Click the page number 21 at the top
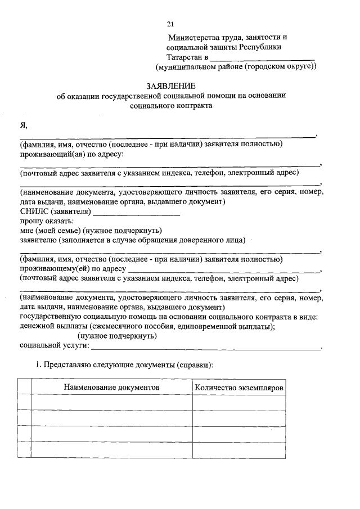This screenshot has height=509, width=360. (x=171, y=24)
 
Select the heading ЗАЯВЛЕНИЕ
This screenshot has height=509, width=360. (x=171, y=86)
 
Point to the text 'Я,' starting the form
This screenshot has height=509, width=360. (x=24, y=124)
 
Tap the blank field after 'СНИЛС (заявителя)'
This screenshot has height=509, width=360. (x=136, y=213)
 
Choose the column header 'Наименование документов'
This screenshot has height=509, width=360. (x=111, y=388)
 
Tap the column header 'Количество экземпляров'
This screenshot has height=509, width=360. (x=238, y=388)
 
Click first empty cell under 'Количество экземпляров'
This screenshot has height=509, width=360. (x=238, y=403)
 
